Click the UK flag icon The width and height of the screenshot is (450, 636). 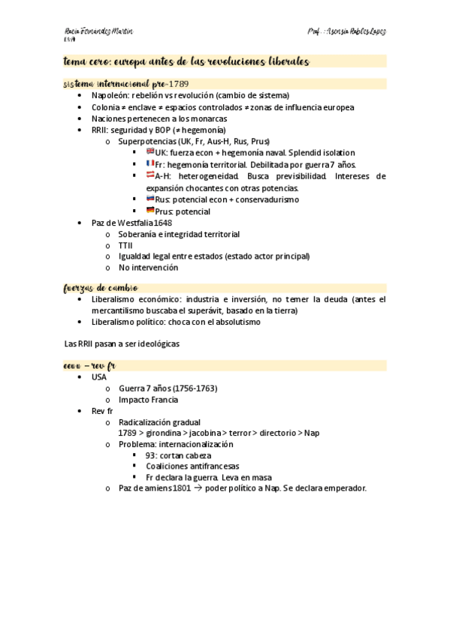pos(150,151)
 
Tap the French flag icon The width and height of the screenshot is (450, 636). pos(150,163)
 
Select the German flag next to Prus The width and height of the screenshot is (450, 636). pos(150,210)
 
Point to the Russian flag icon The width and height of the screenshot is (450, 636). pos(150,199)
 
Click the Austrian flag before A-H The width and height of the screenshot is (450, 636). pos(150,175)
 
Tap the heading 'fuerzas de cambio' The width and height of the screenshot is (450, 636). pos(101,287)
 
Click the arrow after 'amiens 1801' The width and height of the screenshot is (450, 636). pos(199,488)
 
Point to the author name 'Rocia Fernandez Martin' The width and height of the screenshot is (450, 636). pos(99,32)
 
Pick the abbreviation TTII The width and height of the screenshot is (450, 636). pos(125,244)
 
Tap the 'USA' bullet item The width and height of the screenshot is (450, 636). pos(99,377)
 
